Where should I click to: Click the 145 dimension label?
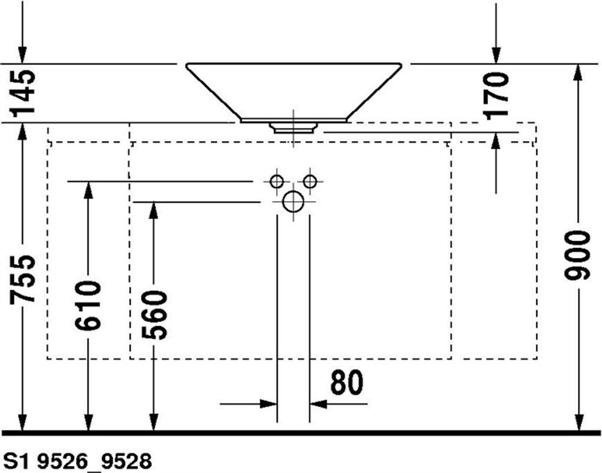point(23,92)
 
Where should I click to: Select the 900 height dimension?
point(576,255)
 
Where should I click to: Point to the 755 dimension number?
point(23,279)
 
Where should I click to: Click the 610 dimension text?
point(88,306)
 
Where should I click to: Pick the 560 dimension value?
point(154,316)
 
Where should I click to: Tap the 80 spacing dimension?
point(346,383)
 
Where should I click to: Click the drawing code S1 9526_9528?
point(77,461)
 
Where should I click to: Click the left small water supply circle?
point(276,181)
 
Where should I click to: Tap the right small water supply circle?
point(310,181)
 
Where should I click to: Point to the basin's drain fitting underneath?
point(294,128)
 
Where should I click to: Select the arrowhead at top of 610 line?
point(88,190)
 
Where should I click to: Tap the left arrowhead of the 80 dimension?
point(268,404)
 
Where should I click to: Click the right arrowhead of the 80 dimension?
point(319,404)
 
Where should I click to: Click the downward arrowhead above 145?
point(23,55)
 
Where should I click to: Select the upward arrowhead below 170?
point(496,142)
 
